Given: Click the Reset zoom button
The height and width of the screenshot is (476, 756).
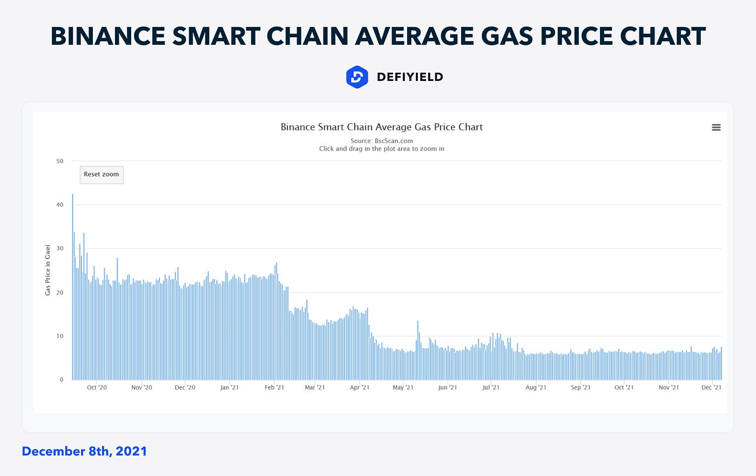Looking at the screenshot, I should (x=102, y=175).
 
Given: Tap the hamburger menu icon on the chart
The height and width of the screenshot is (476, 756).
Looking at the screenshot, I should (x=716, y=127).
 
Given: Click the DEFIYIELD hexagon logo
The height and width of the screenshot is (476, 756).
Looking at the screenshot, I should (x=357, y=77).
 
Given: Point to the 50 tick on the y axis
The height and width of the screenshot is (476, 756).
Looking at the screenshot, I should (x=59, y=161).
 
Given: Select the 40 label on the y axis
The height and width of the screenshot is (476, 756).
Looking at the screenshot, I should (x=59, y=205).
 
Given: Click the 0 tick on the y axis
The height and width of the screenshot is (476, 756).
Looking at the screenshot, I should (x=62, y=380).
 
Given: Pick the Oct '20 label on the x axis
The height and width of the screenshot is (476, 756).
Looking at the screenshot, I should (x=97, y=387).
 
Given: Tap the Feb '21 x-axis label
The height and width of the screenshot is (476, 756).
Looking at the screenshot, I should (x=274, y=387).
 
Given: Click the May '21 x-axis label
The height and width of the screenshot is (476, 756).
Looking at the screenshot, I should (x=403, y=387).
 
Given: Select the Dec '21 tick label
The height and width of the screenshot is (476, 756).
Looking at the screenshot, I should (x=711, y=387).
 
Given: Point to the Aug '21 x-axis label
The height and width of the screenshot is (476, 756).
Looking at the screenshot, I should (x=536, y=387).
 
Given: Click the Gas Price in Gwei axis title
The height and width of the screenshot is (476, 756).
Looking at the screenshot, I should (x=48, y=270).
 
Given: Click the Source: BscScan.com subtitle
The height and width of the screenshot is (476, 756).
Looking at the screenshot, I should (x=382, y=141).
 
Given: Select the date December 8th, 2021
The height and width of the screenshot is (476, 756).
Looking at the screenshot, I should (x=84, y=451).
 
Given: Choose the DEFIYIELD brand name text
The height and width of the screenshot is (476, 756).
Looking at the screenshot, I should (x=410, y=77).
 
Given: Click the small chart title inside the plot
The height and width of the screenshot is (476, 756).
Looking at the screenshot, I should (x=382, y=127).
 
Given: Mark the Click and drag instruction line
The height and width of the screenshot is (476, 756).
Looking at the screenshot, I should (x=382, y=149).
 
